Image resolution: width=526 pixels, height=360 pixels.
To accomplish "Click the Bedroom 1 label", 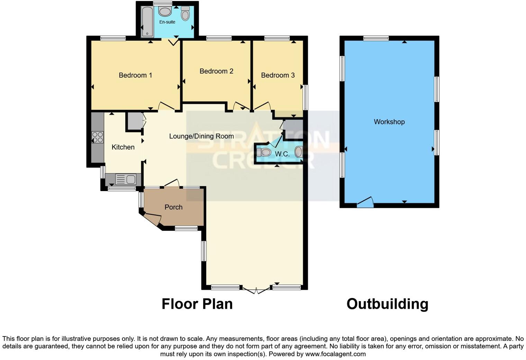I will (x=135, y=75).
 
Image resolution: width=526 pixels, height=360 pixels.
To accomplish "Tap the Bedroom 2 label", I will (x=216, y=71).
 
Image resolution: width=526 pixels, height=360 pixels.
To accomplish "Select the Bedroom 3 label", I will (x=278, y=75).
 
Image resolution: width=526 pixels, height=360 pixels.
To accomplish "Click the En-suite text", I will (x=167, y=22).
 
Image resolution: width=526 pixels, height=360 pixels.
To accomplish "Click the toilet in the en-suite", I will (x=185, y=14).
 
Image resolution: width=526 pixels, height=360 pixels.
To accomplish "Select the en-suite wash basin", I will (x=165, y=11).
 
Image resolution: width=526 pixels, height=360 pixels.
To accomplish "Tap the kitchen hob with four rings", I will (x=97, y=137).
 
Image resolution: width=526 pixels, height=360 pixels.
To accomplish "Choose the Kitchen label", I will (x=123, y=147).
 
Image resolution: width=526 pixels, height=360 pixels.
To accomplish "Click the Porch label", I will (x=173, y=207).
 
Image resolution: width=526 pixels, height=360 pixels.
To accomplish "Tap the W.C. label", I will (x=282, y=154).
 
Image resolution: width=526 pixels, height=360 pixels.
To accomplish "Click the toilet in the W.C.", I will (x=264, y=152).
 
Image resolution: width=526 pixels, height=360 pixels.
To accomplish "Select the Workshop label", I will (x=389, y=122).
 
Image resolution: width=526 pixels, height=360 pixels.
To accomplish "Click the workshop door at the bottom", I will (x=365, y=203).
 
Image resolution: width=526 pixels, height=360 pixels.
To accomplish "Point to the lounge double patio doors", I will (x=256, y=290).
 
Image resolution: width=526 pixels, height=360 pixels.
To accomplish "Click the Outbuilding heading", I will (x=387, y=304).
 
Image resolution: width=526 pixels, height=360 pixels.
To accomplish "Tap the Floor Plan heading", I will (x=197, y=304).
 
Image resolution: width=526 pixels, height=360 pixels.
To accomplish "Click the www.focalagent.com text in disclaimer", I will (x=335, y=354).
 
